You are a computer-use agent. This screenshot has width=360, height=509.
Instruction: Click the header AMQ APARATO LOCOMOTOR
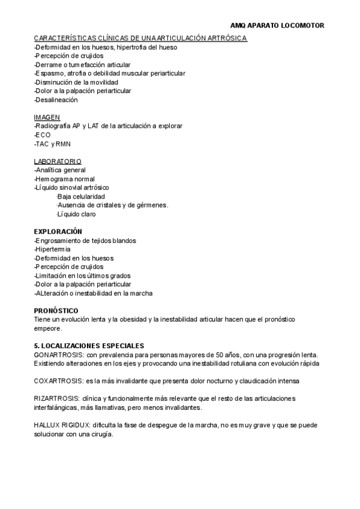pos(277,26)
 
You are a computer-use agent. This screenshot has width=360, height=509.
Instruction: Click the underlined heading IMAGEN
pos(47,118)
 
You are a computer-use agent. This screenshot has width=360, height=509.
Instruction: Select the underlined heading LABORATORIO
pos(58,161)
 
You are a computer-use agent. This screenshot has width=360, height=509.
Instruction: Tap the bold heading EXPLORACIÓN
pos(58,232)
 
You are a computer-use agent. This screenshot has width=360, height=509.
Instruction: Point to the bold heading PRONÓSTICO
pos(56,310)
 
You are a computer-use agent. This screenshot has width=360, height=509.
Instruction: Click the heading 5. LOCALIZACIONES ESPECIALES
pos(89,346)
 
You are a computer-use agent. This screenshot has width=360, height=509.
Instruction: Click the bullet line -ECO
pos(43,135)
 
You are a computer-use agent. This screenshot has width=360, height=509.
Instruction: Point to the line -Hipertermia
pos(52,249)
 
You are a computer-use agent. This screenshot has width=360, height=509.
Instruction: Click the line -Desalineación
pos(56,100)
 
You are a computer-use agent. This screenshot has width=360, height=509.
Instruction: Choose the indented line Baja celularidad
pos(81,196)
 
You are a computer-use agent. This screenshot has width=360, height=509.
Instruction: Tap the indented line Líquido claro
pos(76,214)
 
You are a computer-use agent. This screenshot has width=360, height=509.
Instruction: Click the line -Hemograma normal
pos(64,179)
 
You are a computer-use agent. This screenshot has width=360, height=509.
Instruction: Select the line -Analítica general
pos(60,170)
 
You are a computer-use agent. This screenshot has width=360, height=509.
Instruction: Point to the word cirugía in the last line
pos(101,433)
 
